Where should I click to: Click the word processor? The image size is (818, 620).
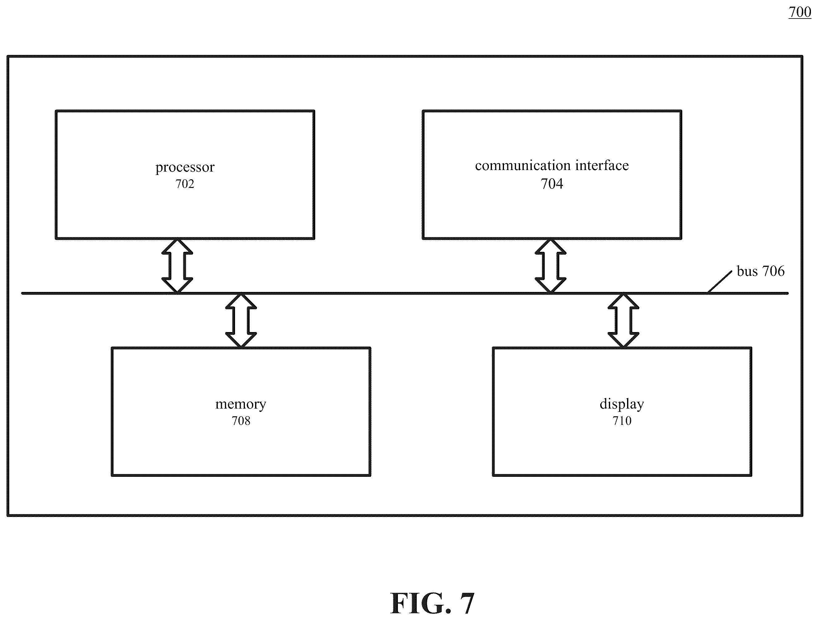(x=184, y=167)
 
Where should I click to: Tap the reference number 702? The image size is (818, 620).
(x=184, y=184)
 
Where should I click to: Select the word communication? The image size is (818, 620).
(x=523, y=165)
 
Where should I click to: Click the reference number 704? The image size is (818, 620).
(x=552, y=184)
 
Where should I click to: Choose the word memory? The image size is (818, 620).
(x=241, y=404)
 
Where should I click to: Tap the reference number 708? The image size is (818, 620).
(x=241, y=421)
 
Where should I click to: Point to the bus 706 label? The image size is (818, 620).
(x=760, y=271)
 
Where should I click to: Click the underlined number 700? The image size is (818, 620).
(x=799, y=12)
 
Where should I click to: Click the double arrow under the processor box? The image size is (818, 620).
(x=177, y=266)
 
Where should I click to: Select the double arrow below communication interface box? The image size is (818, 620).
(x=550, y=266)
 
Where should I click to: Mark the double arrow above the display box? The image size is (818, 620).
(x=623, y=320)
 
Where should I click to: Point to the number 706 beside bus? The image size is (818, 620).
(x=773, y=271)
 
